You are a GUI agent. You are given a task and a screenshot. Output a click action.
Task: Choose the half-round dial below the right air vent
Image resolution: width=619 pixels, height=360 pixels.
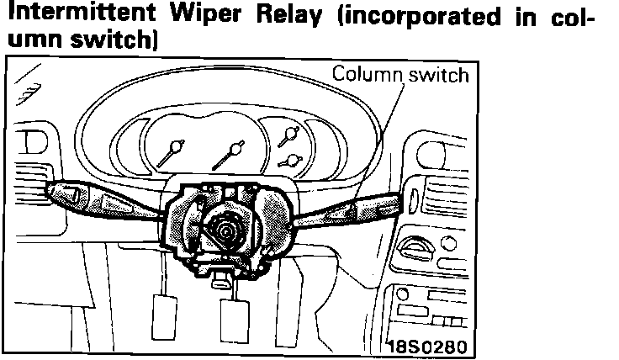[x=418, y=247]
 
